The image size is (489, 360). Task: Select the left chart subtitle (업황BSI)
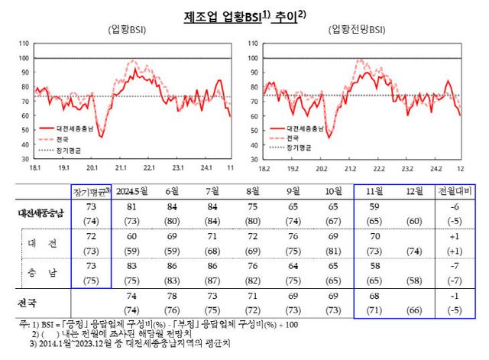tap(128, 31)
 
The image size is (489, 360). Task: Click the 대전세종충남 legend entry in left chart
tap(72, 129)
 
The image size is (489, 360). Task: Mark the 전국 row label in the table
tap(29, 300)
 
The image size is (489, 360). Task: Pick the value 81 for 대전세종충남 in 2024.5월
tap(131, 206)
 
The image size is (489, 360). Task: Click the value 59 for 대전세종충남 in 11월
tap(374, 206)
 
